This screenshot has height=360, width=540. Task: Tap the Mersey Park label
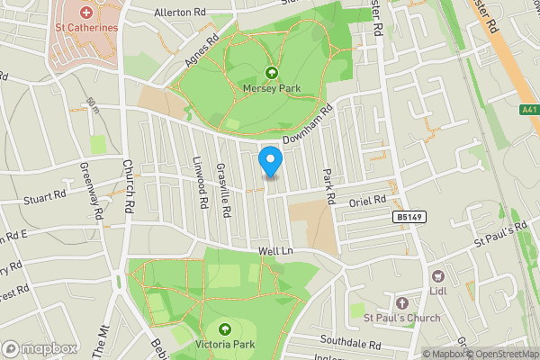coord(271,88)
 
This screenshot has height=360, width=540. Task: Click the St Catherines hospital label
coord(86,28)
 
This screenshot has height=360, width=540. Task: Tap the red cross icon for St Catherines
coord(86,13)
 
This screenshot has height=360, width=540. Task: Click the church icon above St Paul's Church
coord(401,303)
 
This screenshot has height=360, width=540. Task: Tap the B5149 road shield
coord(408,218)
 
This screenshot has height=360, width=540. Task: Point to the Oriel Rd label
coord(367,202)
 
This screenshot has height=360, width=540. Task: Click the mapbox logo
coord(40,348)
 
